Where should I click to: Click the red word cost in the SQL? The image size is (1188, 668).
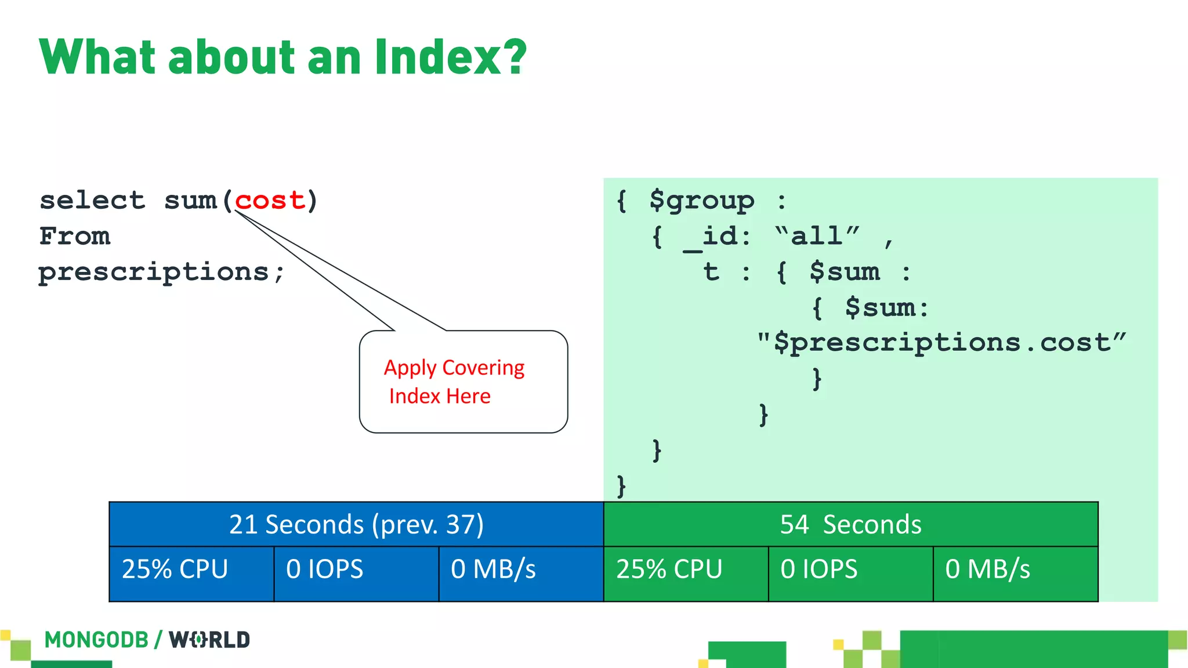pos(270,201)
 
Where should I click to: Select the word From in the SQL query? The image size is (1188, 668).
pos(75,237)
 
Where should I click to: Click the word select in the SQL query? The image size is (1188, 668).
pos(92,201)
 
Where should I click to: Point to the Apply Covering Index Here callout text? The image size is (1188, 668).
pos(454,382)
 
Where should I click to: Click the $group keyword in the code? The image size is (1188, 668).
pos(702,201)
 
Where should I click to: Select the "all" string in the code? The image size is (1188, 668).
pos(817,236)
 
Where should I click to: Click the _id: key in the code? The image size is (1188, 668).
pos(718,237)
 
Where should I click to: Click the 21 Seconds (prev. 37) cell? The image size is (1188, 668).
pos(356,524)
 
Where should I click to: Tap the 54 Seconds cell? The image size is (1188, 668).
pos(850,524)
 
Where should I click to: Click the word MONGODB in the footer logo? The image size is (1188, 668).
pos(96,640)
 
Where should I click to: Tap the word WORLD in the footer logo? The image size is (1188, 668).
pos(209,640)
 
